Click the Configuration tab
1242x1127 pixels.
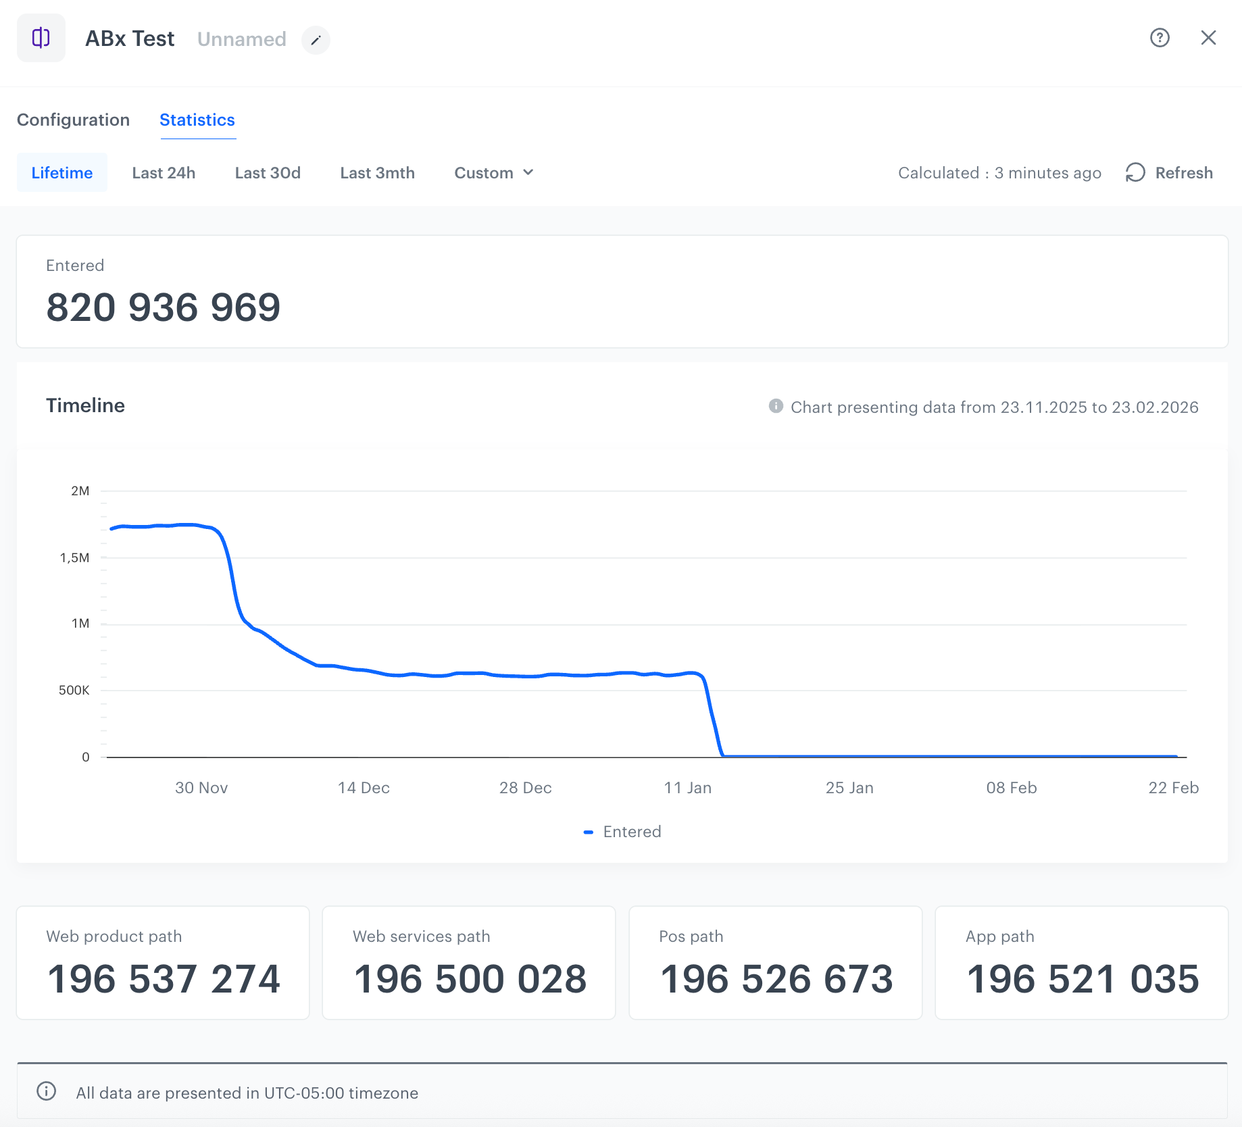tap(73, 120)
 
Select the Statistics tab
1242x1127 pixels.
tap(197, 120)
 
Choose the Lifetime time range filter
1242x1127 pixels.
tap(62, 172)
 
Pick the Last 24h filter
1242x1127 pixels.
tap(164, 172)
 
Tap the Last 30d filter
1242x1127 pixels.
tap(268, 172)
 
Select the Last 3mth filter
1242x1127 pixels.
tap(377, 172)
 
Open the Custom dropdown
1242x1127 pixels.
tap(494, 172)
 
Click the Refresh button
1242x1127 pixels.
tap(1169, 172)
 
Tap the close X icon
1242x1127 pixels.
tap(1208, 38)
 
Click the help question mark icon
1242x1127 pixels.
tap(1160, 38)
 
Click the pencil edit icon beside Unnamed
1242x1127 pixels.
tap(316, 40)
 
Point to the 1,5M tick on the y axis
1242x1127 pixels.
tap(74, 557)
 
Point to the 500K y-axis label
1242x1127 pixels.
tap(74, 690)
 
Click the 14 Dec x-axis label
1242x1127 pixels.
tap(364, 788)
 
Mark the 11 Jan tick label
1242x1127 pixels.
tap(687, 788)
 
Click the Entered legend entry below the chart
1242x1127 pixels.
tap(622, 832)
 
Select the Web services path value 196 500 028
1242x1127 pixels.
tap(470, 979)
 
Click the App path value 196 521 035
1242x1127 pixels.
tap(1083, 979)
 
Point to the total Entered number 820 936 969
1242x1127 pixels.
tap(163, 307)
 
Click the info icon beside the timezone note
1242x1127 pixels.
tap(46, 1091)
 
